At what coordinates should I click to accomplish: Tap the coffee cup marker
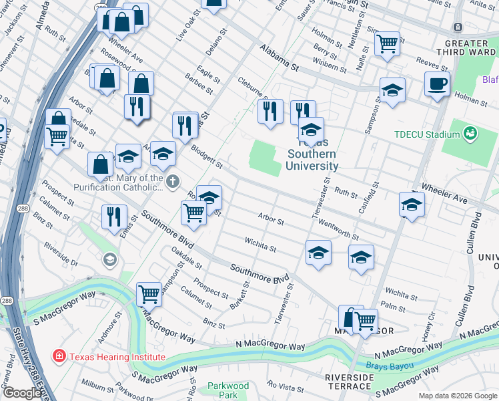click(x=437, y=84)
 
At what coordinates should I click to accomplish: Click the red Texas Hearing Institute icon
click(x=59, y=356)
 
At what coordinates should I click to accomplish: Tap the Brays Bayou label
click(x=390, y=366)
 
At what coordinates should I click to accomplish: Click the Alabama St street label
click(x=279, y=58)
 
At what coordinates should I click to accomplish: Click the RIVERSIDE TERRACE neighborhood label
click(x=349, y=382)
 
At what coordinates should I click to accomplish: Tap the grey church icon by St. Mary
click(x=173, y=182)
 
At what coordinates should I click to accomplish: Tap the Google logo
click(x=22, y=393)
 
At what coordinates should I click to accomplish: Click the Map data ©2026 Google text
click(x=458, y=396)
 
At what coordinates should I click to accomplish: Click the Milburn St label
click(x=97, y=387)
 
